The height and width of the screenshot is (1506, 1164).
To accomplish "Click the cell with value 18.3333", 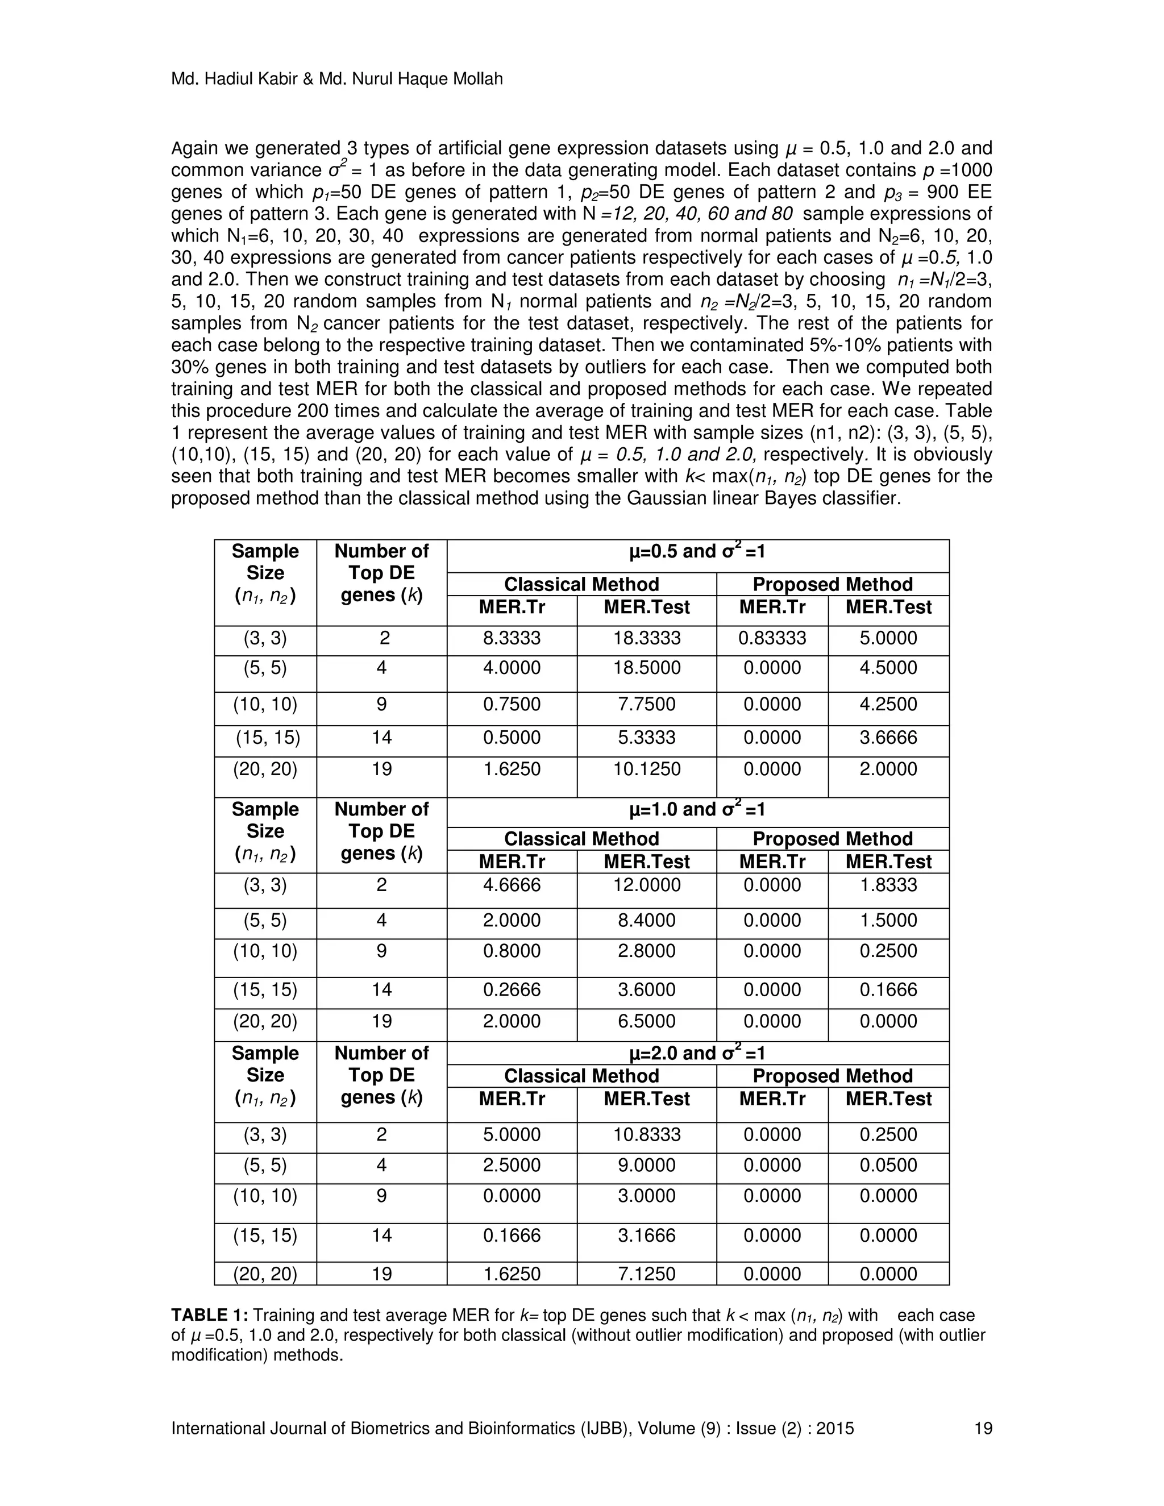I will point(646,638).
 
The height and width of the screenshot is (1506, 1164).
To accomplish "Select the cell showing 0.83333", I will point(772,638).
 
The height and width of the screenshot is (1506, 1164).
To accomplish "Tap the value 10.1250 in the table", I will point(646,769).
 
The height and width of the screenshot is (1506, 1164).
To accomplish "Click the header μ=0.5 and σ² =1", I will point(697,552).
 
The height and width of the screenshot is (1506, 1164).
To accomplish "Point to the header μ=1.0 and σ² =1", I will point(697,809).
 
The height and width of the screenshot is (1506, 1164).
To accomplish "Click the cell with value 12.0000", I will point(646,885).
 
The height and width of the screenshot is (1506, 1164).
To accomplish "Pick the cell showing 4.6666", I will point(512,885).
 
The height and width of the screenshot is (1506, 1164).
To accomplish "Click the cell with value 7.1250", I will point(646,1274).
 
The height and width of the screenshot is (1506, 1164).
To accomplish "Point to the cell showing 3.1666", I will point(646,1235).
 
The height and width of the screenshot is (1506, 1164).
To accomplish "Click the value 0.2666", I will point(512,990).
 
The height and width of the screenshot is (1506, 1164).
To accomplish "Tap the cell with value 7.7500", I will point(646,704).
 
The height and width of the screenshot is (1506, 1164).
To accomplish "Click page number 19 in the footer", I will point(983,1428).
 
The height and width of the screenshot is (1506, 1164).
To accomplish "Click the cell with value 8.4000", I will point(646,921).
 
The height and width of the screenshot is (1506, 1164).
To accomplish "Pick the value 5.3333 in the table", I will point(646,738).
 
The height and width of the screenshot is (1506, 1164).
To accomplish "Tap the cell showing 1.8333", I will point(888,885).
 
